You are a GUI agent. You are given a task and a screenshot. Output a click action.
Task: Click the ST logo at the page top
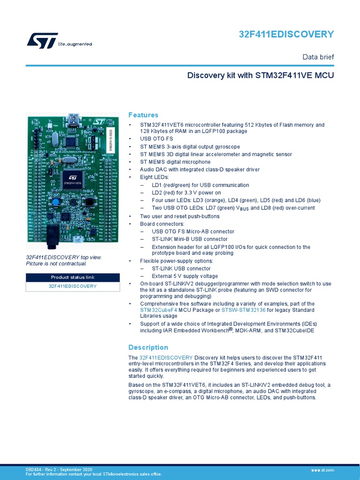43,40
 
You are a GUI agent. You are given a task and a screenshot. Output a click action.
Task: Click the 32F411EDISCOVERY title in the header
286,34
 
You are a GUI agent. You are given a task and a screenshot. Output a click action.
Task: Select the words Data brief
318,57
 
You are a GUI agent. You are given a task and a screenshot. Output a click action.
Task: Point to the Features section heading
143,115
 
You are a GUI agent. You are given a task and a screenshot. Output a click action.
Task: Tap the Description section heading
148,347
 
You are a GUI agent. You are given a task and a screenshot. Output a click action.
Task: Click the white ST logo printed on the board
99,122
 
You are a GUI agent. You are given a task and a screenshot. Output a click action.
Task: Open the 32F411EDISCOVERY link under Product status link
73,286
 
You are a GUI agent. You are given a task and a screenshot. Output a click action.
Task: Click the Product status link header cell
73,277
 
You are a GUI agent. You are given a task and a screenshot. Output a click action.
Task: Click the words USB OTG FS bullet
157,139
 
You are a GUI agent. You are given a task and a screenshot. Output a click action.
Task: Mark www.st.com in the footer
322,470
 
